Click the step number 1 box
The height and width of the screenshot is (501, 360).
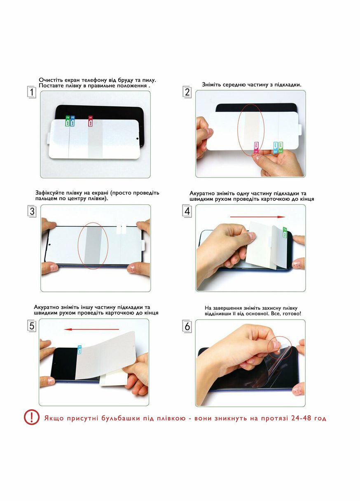point(32,92)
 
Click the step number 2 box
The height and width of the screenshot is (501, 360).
point(187,92)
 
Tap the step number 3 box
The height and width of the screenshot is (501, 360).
point(32,211)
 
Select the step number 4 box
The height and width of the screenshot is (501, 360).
point(187,211)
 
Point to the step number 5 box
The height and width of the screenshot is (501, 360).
point(32,326)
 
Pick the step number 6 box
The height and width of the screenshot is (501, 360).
point(187,326)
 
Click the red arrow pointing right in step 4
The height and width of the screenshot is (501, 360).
point(257,217)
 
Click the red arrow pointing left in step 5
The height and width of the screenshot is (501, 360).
point(91,329)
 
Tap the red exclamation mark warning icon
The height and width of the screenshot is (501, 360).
point(32,417)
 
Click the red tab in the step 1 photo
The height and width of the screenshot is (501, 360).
point(90,121)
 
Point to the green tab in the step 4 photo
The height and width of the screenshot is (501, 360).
point(285,232)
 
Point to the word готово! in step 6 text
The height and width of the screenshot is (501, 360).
point(292,314)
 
